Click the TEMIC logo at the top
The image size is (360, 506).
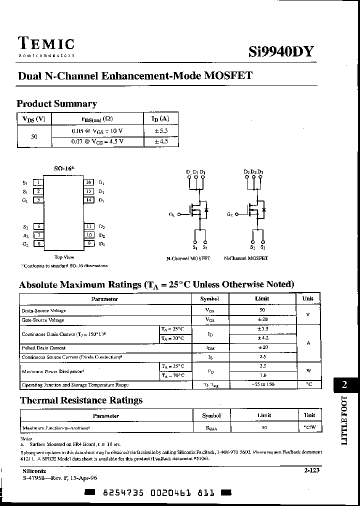(x=46, y=44)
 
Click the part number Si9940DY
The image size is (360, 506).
(x=281, y=52)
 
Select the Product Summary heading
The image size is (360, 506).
(x=56, y=104)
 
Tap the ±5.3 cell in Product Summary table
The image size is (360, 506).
(x=161, y=131)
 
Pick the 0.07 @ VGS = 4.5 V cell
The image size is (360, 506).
(x=97, y=141)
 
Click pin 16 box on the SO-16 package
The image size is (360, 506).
(x=88, y=182)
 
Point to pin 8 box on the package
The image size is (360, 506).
(x=38, y=244)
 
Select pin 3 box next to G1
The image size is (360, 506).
(x=38, y=200)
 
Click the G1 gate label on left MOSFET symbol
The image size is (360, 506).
(x=172, y=214)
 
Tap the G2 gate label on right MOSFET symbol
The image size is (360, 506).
(x=229, y=214)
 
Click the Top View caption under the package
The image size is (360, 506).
(x=64, y=257)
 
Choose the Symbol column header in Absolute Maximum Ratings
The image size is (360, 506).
(x=209, y=299)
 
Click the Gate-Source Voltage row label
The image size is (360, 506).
(x=43, y=320)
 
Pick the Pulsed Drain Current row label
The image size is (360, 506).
(x=43, y=347)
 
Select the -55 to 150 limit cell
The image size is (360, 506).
(x=262, y=385)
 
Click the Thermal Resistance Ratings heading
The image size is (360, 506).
(x=81, y=400)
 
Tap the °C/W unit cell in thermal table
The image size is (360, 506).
(x=310, y=428)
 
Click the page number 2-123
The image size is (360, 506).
(x=311, y=470)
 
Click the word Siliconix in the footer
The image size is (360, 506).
(x=34, y=471)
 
